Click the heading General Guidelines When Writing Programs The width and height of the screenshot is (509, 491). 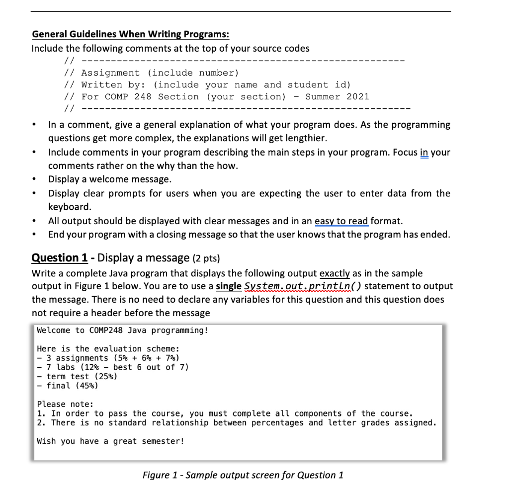click(x=131, y=35)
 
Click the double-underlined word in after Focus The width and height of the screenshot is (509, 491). click(x=424, y=153)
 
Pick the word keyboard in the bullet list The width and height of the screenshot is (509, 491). click(x=70, y=206)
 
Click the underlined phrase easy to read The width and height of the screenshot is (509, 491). click(x=341, y=221)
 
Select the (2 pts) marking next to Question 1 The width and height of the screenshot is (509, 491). click(x=205, y=258)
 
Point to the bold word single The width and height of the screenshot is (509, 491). click(x=229, y=286)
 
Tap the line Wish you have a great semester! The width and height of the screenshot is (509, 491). click(x=110, y=441)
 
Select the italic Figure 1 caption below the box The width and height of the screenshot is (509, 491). click(x=243, y=475)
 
